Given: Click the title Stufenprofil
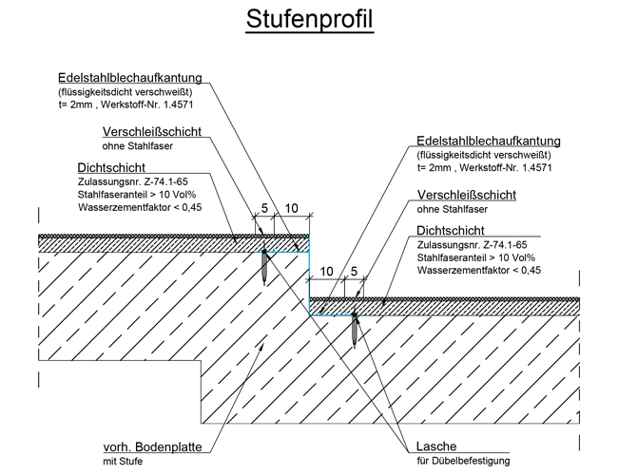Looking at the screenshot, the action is click(310, 19).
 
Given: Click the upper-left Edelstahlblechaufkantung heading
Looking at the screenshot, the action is click(130, 78).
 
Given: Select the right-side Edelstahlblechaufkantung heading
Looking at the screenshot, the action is click(489, 141).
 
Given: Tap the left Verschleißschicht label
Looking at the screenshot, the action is click(152, 131).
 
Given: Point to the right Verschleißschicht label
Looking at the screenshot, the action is click(467, 195).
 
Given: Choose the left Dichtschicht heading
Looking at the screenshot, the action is click(111, 168).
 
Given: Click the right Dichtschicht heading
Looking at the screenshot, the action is click(451, 231).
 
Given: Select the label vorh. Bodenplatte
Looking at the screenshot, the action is click(152, 447).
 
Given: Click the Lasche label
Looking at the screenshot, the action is click(436, 446).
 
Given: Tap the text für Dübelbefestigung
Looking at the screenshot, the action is click(464, 461).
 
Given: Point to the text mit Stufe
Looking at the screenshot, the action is click(123, 461).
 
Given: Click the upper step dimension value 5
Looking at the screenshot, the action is click(264, 207).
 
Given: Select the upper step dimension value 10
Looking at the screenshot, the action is click(291, 208).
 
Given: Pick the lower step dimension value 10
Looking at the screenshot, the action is click(327, 272).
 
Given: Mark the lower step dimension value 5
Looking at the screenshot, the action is click(354, 271).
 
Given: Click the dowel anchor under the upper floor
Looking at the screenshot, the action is click(264, 266).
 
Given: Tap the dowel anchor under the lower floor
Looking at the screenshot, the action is click(355, 329).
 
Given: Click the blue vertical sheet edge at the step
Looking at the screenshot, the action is click(309, 275).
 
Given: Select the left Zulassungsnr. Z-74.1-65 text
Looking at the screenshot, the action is click(133, 182).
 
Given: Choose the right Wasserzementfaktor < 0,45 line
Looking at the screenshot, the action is click(479, 270).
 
